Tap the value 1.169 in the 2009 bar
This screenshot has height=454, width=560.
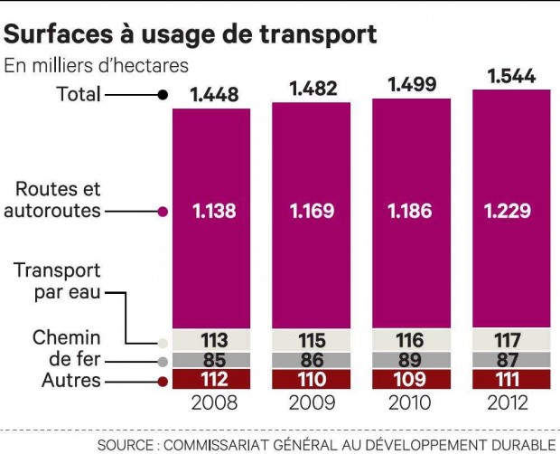312,212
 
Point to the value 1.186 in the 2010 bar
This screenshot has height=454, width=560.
411,212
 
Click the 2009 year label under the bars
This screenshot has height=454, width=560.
312,402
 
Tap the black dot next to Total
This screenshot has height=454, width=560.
162,94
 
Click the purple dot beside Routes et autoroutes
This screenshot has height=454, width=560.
162,212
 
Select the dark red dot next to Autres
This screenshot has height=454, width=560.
162,382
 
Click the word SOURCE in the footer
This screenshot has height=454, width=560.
131,444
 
